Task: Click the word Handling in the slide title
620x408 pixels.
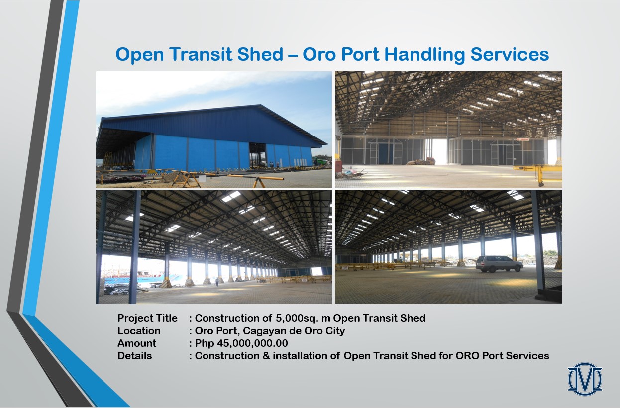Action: point(424,55)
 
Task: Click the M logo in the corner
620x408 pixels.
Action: point(585,379)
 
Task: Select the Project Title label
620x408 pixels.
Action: point(147,318)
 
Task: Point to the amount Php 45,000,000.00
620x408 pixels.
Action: point(241,343)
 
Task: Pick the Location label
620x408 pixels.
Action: point(139,331)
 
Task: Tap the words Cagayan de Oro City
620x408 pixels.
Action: point(294,331)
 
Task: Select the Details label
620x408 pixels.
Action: point(135,356)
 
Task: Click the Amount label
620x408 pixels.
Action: point(137,343)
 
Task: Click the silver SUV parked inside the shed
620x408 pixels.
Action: point(499,264)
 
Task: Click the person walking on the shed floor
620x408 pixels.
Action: point(217,282)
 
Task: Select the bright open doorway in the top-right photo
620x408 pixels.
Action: point(439,151)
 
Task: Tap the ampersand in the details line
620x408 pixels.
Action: point(266,356)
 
